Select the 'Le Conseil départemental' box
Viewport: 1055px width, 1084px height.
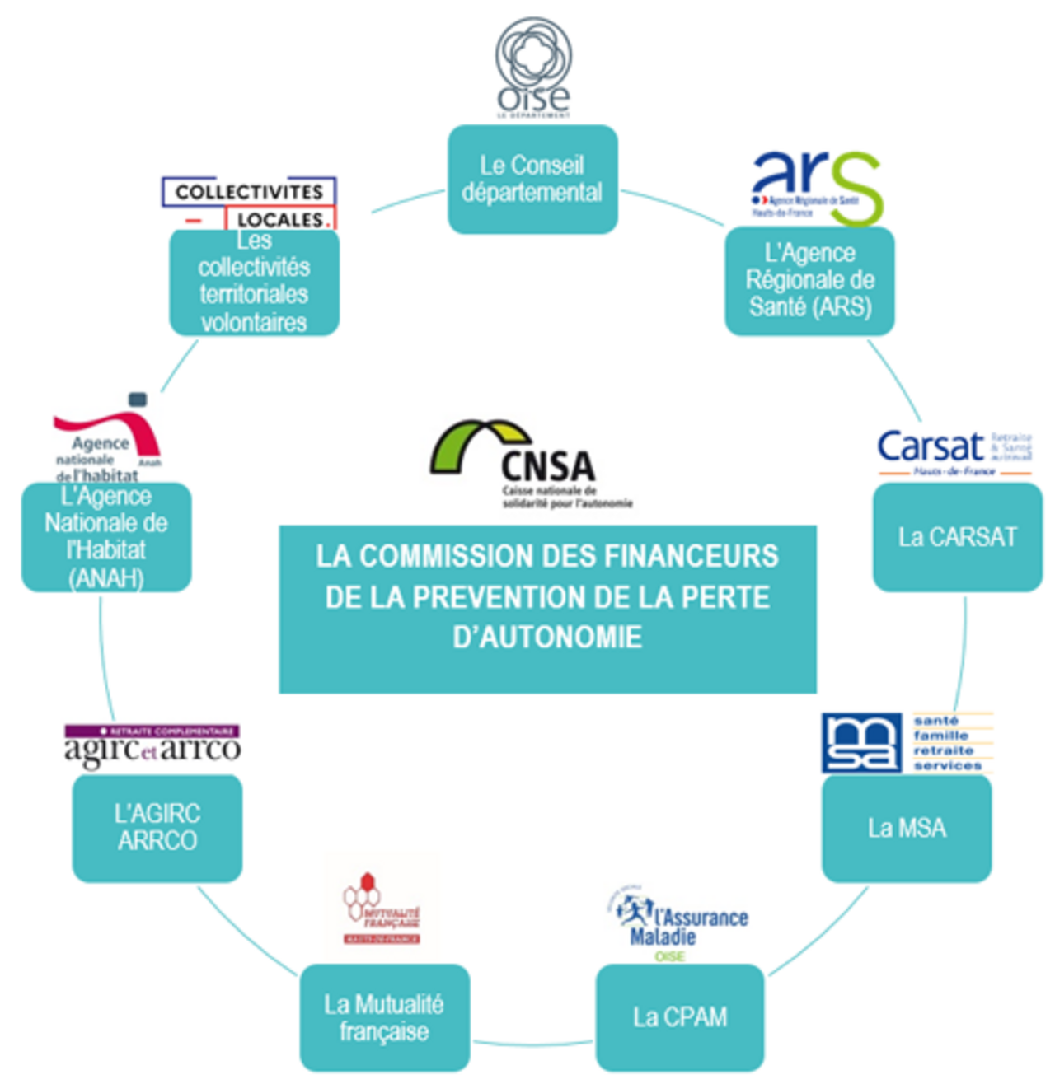click(x=532, y=179)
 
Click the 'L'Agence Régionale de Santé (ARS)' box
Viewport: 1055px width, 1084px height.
click(x=809, y=280)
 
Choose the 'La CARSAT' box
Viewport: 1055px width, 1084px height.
click(x=957, y=537)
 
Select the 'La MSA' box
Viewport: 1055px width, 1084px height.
click(x=907, y=828)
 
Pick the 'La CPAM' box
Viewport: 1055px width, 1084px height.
click(x=680, y=1017)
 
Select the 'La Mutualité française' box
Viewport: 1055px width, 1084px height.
click(x=384, y=1017)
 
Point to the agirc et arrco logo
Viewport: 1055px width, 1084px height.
click(x=152, y=745)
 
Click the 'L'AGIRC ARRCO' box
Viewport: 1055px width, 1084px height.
click(x=157, y=827)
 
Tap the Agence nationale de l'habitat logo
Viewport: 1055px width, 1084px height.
click(x=107, y=441)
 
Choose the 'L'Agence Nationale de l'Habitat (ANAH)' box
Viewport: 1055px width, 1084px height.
click(x=106, y=536)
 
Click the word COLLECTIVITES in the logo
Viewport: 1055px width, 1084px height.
click(x=249, y=192)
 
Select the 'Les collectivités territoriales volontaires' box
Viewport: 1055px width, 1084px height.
click(x=254, y=282)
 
